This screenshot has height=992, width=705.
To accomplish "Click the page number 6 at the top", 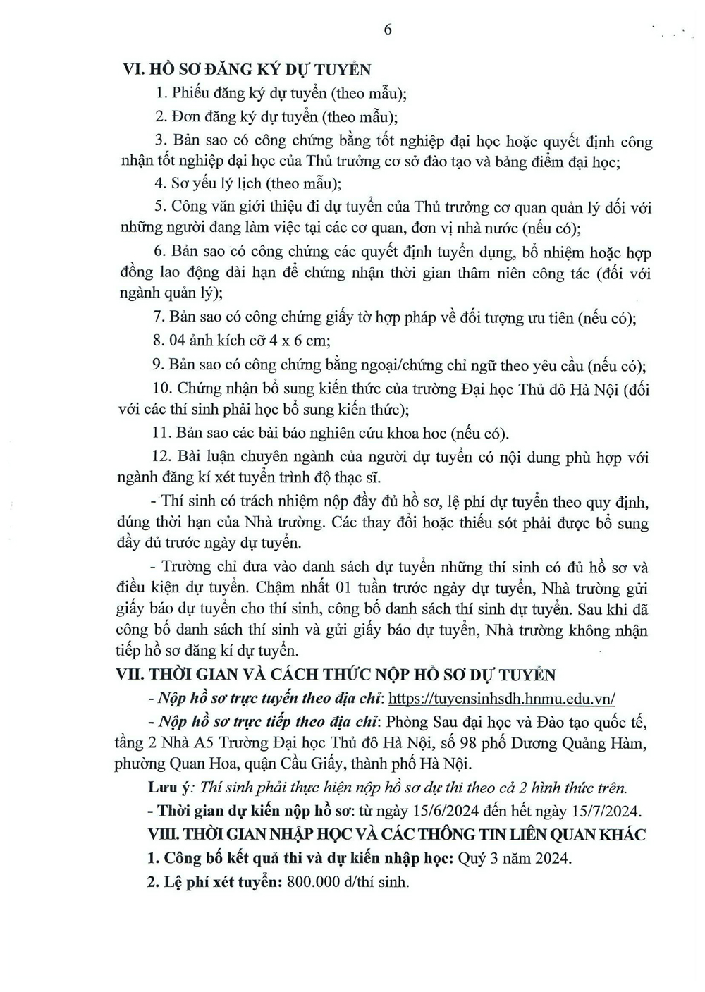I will pos(387,29).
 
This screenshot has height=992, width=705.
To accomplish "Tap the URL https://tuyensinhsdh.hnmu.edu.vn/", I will pos(502,698).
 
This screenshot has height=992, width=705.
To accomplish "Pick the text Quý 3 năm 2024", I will pos(515,858).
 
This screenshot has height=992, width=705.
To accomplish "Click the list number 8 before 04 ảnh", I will pos(158,340).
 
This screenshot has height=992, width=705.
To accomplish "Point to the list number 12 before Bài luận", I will pos(161,457).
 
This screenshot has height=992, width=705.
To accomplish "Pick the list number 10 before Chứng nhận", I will pos(161,388).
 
